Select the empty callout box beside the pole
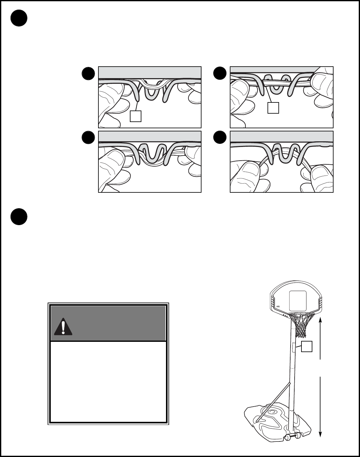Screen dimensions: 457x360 pos(307,347)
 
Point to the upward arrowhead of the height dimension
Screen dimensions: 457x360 pos(320,319)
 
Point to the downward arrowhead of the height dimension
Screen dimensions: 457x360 pos(320,434)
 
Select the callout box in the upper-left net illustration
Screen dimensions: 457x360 pos(136,116)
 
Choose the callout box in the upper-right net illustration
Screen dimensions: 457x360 pos(273,108)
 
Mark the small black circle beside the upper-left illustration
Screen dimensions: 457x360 pos(88,74)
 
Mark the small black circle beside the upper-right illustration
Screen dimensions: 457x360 pos(220,74)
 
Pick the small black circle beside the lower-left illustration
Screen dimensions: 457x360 pos(88,137)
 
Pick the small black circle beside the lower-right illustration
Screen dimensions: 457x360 pos(220,137)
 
